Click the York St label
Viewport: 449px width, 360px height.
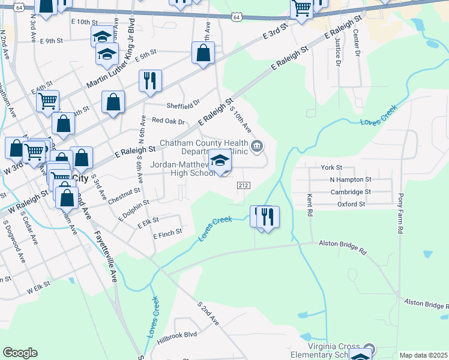point(331,167)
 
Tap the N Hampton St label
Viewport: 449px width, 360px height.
point(351,179)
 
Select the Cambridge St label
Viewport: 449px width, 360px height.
point(351,192)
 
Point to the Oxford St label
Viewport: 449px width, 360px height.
point(351,205)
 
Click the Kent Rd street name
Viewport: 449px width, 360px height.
point(310,205)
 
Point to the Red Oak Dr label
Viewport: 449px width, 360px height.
point(169,121)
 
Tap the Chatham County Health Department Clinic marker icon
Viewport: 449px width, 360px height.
point(257,145)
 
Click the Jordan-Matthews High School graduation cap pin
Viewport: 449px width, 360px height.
point(221,161)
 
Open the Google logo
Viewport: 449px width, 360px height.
point(20,353)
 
